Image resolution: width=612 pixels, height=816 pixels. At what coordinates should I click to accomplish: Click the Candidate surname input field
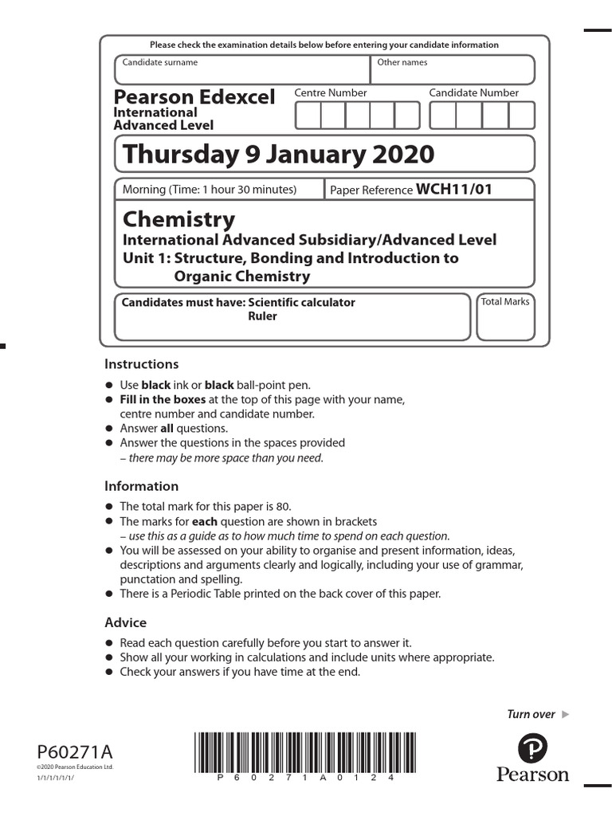242,70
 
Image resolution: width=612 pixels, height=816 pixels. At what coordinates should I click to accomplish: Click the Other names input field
453,70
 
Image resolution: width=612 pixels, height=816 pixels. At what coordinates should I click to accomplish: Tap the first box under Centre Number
308,115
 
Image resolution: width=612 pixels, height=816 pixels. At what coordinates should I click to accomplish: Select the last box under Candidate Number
522,115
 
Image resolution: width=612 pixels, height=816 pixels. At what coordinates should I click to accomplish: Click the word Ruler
262,316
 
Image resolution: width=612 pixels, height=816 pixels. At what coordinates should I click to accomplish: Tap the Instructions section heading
142,364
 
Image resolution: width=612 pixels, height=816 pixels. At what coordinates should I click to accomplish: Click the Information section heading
142,486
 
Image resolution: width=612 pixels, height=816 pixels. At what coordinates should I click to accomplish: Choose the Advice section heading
126,622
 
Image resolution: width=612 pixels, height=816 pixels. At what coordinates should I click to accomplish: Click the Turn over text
532,714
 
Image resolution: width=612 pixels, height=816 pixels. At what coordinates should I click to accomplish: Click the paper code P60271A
75,752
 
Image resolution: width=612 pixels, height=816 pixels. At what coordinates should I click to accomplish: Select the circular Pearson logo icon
533,750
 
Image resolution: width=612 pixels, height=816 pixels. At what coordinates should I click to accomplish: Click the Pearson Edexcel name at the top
194,97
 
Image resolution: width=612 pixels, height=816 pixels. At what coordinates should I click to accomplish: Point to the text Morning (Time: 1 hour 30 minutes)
210,190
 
